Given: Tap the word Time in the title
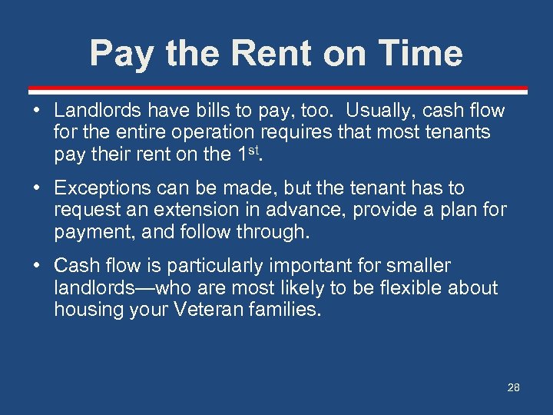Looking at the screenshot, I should (421, 54).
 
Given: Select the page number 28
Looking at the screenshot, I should (513, 387).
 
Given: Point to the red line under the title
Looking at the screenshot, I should (276, 88).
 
